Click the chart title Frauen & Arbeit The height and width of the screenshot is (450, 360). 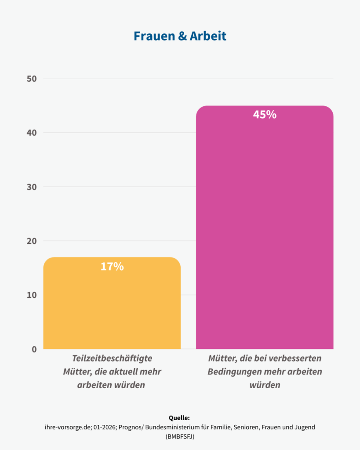[180, 36]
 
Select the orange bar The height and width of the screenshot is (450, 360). [112, 308]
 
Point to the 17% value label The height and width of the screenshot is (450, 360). [112, 266]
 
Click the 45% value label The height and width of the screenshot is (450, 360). [265, 115]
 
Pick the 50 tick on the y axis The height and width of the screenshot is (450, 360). [31, 79]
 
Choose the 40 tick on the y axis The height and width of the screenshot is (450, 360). [31, 133]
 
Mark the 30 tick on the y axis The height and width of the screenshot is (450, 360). [31, 187]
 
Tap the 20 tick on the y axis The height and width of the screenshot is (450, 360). [31, 241]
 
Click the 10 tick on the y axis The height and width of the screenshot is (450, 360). [31, 295]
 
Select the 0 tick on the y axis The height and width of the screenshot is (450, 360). [34, 349]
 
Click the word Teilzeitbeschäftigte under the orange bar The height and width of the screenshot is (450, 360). [112, 359]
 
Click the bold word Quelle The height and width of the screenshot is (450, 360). [179, 418]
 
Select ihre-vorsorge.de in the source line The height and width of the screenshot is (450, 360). [66, 427]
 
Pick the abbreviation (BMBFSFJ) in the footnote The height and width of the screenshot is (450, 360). [180, 437]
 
